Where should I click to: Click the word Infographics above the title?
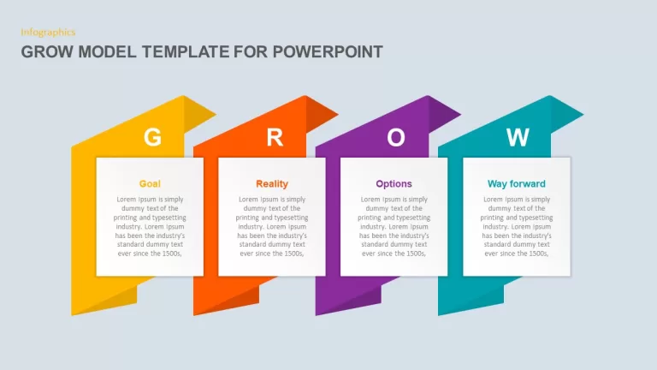coord(48,33)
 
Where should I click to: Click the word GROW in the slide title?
coord(47,52)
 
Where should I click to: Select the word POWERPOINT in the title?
coord(328,52)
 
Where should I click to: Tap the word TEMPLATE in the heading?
coord(185,52)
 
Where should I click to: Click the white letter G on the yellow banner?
coord(152,137)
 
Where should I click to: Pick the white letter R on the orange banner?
coord(275,137)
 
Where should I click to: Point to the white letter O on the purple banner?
coord(396,137)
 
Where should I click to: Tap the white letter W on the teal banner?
coord(518,137)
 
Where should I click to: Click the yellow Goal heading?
coord(150,184)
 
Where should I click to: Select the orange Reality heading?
coord(272,184)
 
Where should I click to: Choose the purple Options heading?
coord(394,184)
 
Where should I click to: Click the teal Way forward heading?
coord(516,184)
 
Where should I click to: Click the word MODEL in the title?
coord(107,52)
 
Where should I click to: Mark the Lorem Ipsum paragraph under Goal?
coord(150,226)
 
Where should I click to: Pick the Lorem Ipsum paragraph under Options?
coord(394,226)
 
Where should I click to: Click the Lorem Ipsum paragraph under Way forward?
coord(516,226)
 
